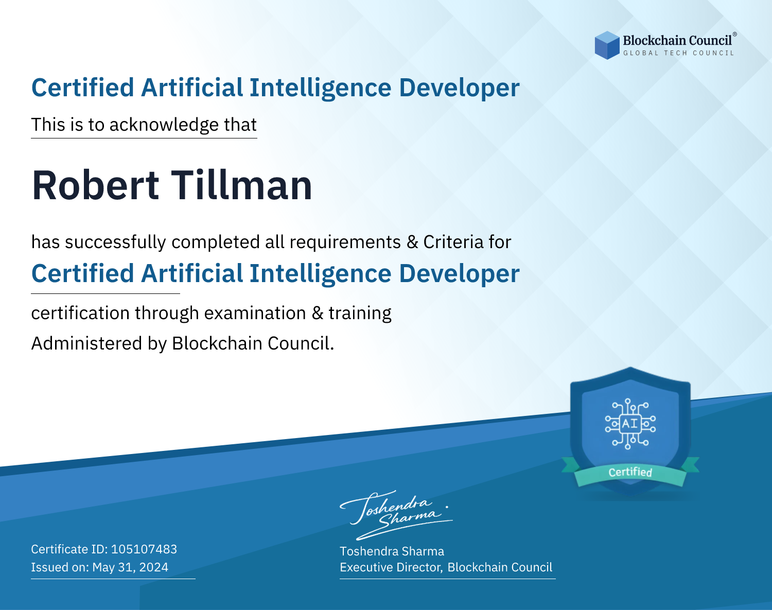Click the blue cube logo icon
(607, 45)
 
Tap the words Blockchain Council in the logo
(677, 40)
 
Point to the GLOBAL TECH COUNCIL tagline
(678, 53)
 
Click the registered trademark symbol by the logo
(734, 34)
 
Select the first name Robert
(95, 185)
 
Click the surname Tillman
(241, 185)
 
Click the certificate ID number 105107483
(144, 549)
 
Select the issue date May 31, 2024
(130, 567)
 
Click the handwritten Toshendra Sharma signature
(396, 515)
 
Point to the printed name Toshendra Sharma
(392, 551)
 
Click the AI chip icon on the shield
(630, 424)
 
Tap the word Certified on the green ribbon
(630, 472)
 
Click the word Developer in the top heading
(459, 88)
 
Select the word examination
(255, 313)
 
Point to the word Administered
(86, 343)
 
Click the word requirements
(345, 242)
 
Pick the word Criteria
(453, 242)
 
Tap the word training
(360, 313)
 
